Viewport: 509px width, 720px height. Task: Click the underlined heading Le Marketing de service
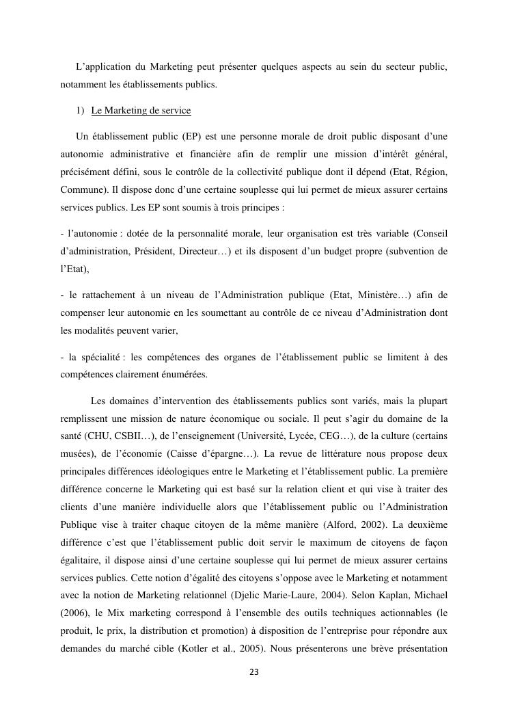click(141, 111)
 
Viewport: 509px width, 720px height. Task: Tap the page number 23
click(254, 672)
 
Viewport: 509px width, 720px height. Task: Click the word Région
click(430, 172)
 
